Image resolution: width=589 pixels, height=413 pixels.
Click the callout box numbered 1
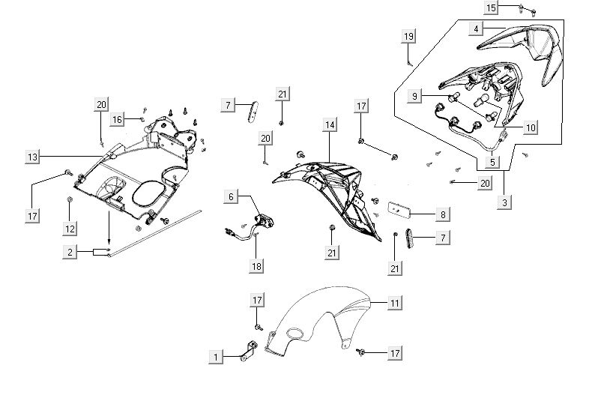[217, 358]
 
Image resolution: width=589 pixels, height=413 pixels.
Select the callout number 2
[70, 253]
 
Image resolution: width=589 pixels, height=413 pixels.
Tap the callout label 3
[506, 201]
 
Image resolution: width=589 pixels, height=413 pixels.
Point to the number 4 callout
[475, 28]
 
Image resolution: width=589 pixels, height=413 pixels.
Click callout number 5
[492, 161]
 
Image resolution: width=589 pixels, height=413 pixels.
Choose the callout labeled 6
[232, 196]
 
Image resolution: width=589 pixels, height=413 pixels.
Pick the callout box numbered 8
[443, 214]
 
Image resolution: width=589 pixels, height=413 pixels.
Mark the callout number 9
[414, 96]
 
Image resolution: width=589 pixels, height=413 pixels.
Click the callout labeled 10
[530, 127]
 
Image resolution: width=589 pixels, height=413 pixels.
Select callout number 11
[394, 303]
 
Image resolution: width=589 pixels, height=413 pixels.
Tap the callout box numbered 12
[70, 227]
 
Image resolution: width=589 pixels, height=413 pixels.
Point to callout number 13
[32, 157]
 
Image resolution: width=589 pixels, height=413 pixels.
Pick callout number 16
[117, 119]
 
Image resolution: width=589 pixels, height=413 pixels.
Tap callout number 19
[408, 37]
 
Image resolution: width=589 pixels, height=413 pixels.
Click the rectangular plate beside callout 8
[398, 206]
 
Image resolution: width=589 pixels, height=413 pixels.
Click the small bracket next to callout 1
[245, 350]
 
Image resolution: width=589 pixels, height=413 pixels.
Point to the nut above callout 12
[70, 200]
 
